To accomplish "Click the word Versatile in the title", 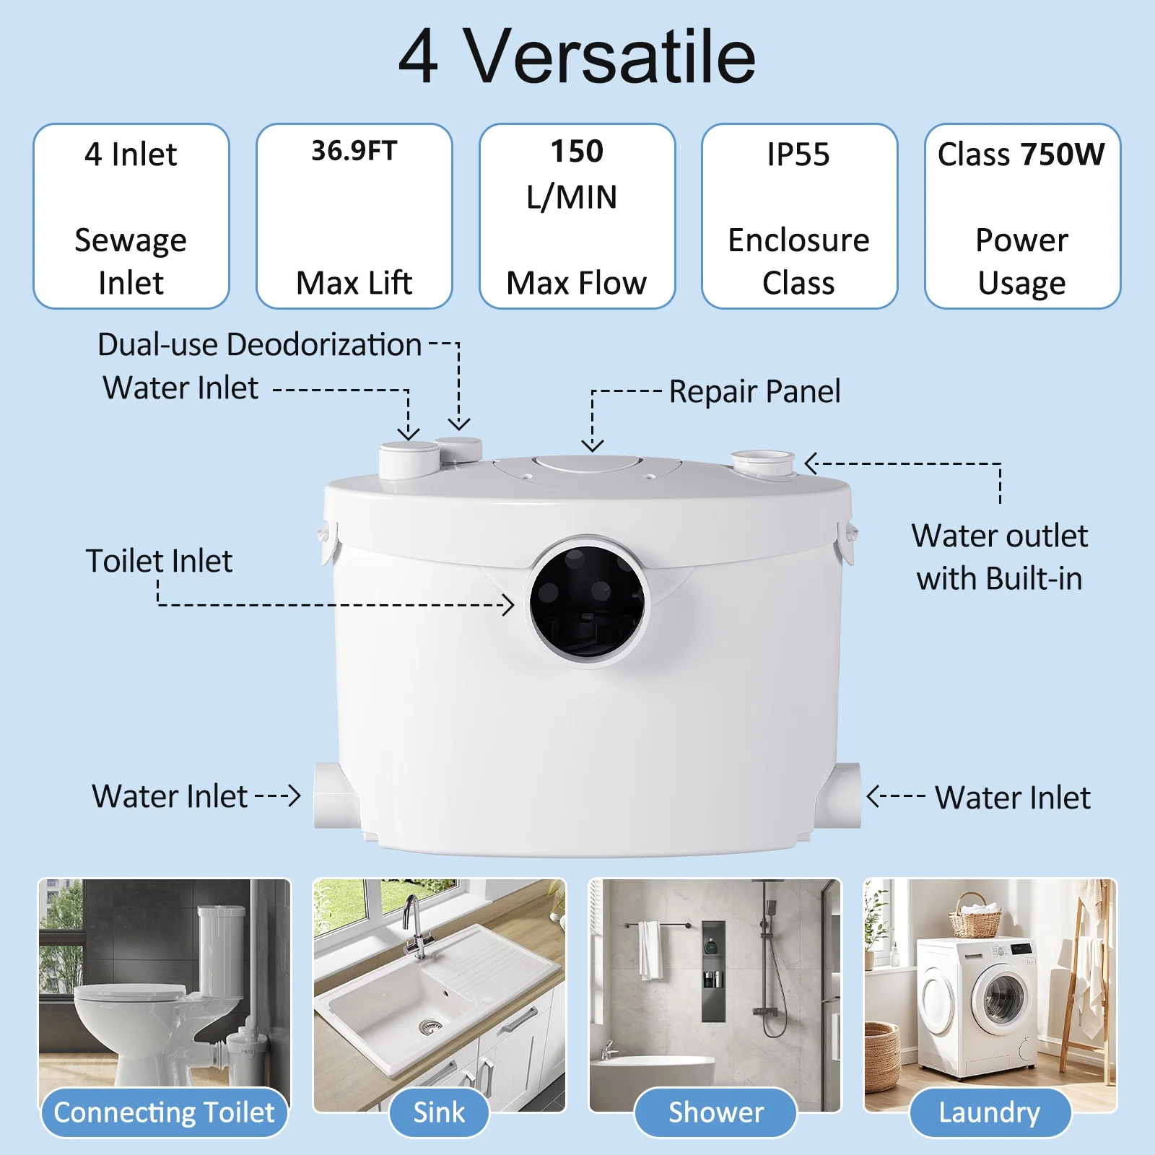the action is [x=609, y=57].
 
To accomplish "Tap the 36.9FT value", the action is [x=354, y=151].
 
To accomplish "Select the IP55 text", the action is [x=798, y=154].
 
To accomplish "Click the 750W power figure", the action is [x=1063, y=154].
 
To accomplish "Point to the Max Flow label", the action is [x=577, y=283].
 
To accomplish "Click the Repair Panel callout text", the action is [x=754, y=392].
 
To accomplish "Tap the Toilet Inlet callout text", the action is [x=159, y=561].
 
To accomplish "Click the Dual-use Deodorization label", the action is [x=259, y=344].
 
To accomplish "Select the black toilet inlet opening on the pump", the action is [x=588, y=601].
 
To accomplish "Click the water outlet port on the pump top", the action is [x=762, y=463].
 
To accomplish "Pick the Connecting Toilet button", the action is [x=165, y=1112].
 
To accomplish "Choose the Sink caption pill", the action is [x=439, y=1112].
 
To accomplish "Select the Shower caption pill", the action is [x=715, y=1112].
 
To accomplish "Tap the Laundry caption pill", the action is [x=990, y=1112].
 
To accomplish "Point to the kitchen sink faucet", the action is [x=414, y=927].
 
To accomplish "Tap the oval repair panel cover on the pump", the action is [x=588, y=463].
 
